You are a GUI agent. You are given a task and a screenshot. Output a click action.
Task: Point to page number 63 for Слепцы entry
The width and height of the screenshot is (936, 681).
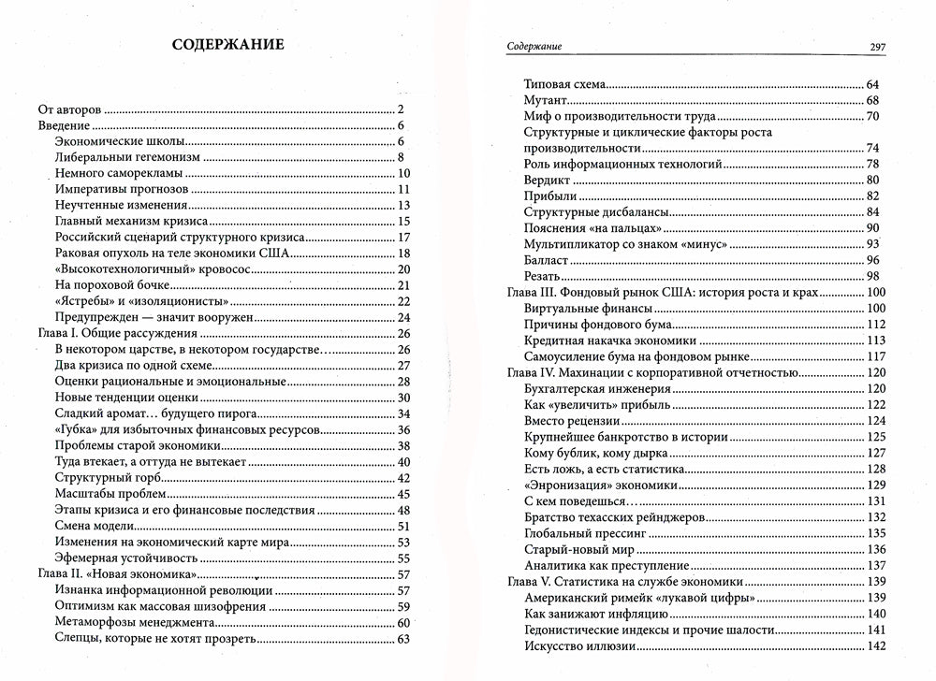405,639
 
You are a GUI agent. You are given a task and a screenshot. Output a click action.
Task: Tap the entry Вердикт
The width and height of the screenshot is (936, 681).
548,180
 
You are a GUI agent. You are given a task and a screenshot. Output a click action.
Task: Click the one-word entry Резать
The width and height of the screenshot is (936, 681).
543,276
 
